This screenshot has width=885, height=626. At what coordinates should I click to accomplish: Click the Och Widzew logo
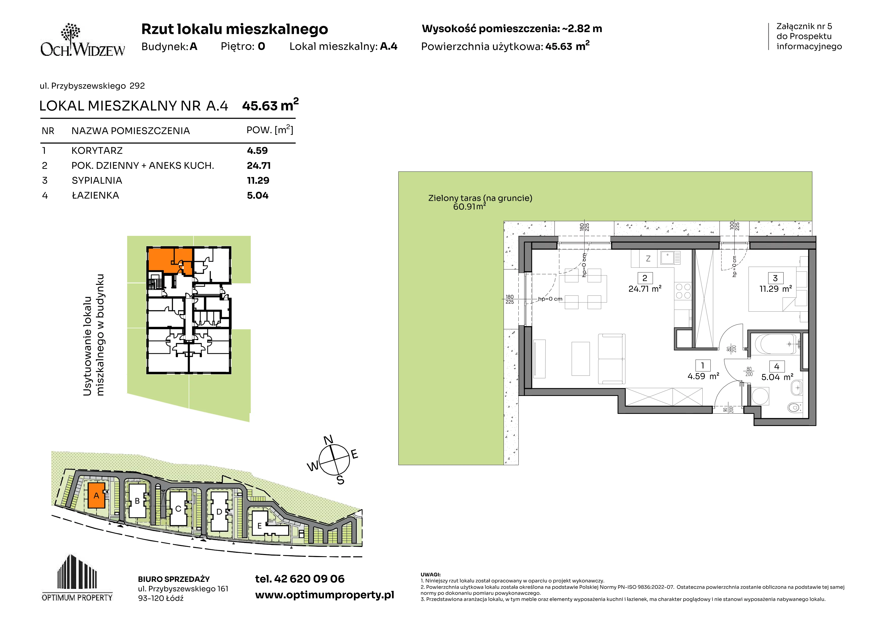(x=82, y=40)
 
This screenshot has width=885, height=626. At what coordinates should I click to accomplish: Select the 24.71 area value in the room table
(x=259, y=165)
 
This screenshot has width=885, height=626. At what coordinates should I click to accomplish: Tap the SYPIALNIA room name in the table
(x=97, y=181)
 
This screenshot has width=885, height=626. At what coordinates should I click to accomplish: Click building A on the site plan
(x=96, y=495)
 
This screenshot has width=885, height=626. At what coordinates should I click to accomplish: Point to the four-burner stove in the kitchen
(x=683, y=291)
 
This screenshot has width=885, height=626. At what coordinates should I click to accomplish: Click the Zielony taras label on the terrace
(x=480, y=198)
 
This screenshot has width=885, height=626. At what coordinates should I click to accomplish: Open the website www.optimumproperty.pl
(x=324, y=595)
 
